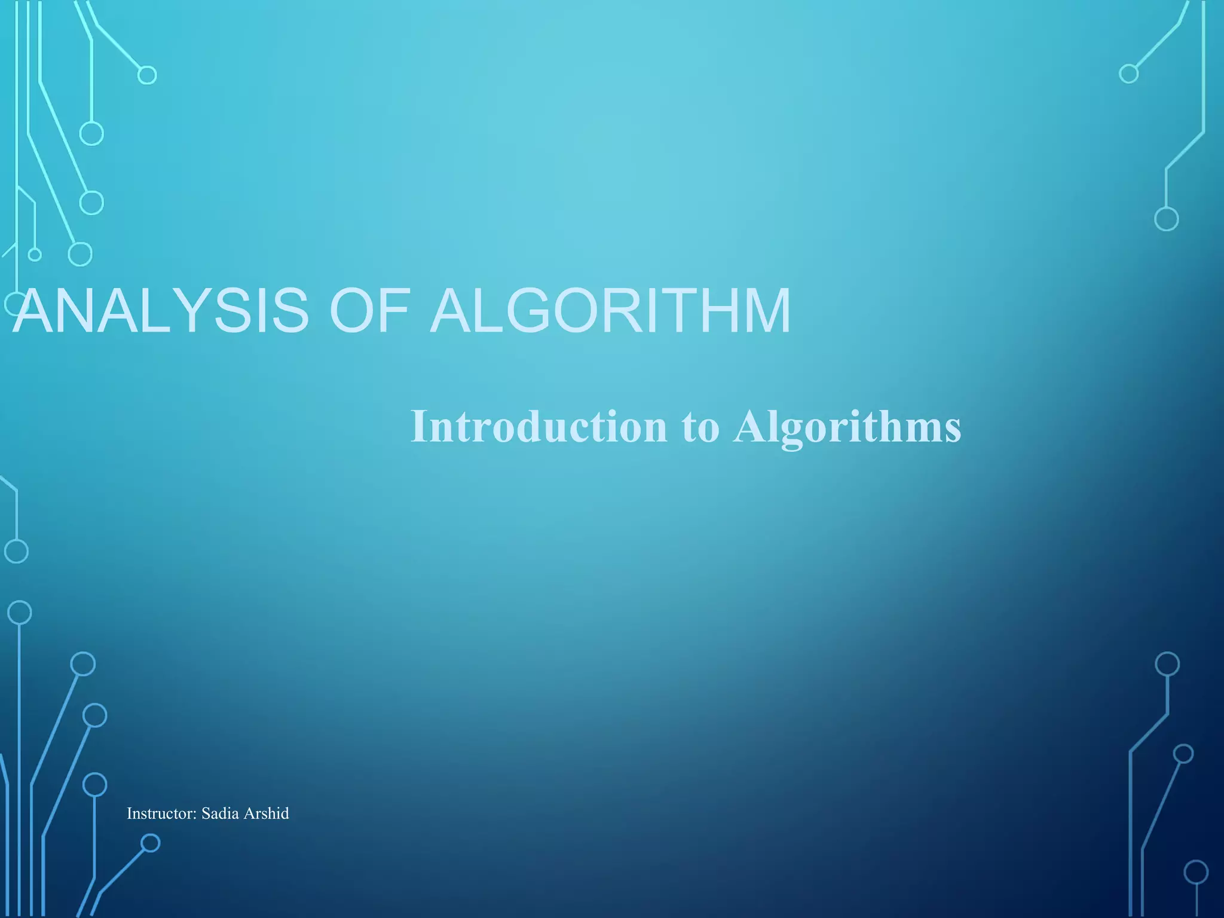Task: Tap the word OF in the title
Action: [x=369, y=311]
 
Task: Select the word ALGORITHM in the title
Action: [x=610, y=311]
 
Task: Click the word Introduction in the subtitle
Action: [x=538, y=427]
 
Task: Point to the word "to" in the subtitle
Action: [x=700, y=428]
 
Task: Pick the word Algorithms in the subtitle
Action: [x=847, y=428]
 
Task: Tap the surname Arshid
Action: [x=266, y=813]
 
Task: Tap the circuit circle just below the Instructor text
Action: [x=151, y=843]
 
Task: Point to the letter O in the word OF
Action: [x=353, y=311]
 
